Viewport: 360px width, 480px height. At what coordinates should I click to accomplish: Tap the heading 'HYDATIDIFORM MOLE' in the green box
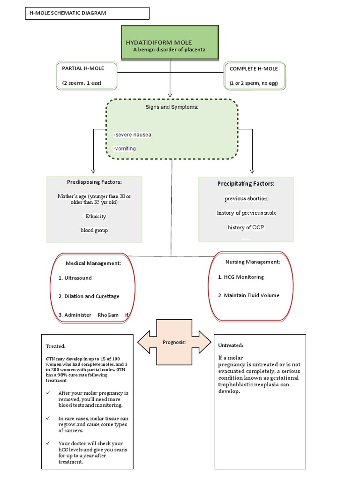(156, 43)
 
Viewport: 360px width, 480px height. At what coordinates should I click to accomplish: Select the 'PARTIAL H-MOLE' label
(83, 68)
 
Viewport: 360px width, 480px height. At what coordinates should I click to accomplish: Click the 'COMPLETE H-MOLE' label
(254, 69)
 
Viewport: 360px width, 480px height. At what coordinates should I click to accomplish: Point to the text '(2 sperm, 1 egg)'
(82, 83)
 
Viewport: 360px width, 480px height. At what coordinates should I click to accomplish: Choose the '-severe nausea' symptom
(132, 135)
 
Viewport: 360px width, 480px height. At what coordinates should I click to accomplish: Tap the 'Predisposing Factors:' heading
(94, 182)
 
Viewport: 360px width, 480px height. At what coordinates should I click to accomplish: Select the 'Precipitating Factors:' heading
(246, 184)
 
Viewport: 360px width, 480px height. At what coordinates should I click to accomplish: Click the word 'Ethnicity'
(96, 217)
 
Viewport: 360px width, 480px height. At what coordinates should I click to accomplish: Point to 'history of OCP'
(246, 227)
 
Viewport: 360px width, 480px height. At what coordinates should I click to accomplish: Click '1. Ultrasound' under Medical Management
(75, 278)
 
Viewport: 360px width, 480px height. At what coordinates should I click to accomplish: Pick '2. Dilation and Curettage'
(89, 296)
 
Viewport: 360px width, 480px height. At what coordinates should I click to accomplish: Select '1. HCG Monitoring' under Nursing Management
(241, 277)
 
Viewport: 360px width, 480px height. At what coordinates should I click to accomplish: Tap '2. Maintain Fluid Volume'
(248, 295)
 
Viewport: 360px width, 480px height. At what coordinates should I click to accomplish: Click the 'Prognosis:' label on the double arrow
(174, 342)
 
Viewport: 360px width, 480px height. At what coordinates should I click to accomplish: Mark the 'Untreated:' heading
(231, 345)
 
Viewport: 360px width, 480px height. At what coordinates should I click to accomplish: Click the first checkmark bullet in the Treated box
(49, 393)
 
